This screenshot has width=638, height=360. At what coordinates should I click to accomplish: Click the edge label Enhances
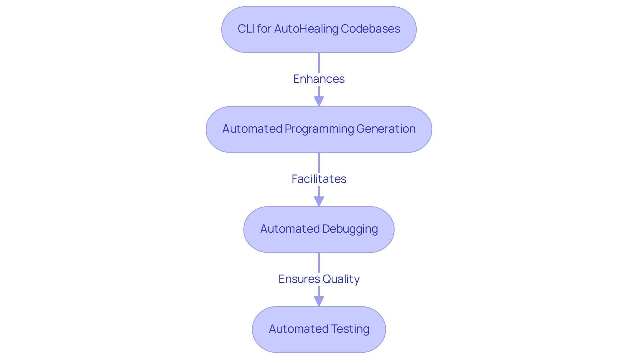[x=319, y=79]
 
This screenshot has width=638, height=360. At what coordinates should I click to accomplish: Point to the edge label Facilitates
[x=319, y=179]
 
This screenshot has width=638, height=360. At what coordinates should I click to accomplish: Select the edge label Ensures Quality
[x=319, y=279]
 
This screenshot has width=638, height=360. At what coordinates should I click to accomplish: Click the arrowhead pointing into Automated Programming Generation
[x=319, y=101]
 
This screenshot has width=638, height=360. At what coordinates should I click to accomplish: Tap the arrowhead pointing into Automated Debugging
[x=319, y=201]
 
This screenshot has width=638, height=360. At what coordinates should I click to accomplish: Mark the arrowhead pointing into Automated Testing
[x=319, y=301]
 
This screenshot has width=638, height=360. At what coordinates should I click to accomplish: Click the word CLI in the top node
[x=246, y=29]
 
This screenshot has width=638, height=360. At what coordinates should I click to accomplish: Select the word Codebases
[x=370, y=29]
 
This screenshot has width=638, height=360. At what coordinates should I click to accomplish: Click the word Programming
[x=319, y=129]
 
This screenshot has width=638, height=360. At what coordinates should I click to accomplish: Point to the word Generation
[x=386, y=129]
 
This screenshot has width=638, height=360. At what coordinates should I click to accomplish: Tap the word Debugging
[x=350, y=229]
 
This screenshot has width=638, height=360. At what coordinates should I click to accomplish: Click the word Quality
[x=341, y=279]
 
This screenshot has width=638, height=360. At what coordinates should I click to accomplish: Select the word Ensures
[x=299, y=279]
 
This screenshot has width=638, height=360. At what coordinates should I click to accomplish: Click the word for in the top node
[x=264, y=29]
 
